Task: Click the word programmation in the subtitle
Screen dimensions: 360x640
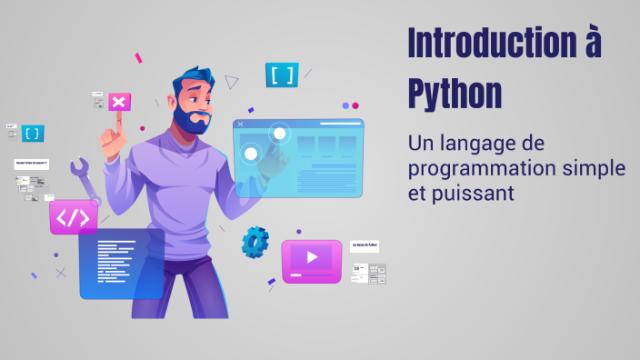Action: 479,170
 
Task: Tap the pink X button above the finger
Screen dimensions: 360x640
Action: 118,101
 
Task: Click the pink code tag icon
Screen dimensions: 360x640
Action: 74,218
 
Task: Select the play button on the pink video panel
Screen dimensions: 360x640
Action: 312,257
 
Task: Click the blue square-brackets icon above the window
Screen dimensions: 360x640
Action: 282,75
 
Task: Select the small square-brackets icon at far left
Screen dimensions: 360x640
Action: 33,133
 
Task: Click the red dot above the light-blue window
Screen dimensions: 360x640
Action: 355,105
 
